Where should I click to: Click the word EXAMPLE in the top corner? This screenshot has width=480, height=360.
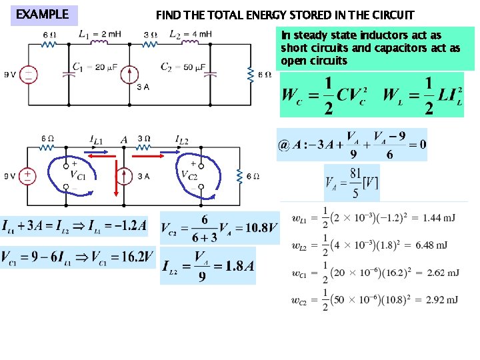pyautogui.click(x=42, y=14)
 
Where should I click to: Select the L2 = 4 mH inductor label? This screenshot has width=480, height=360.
pyautogui.click(x=191, y=33)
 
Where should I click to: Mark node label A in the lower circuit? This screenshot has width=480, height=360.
pyautogui.click(x=124, y=139)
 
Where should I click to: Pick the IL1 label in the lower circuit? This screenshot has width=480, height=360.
pyautogui.click(x=96, y=139)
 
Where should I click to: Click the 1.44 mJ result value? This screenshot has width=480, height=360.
pyautogui.click(x=439, y=218)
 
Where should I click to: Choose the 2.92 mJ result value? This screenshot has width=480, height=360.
pyautogui.click(x=440, y=300)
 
